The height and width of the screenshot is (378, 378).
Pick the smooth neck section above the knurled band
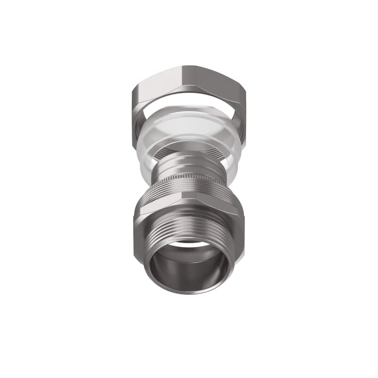189,163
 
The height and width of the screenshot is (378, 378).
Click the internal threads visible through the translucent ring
189,146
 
